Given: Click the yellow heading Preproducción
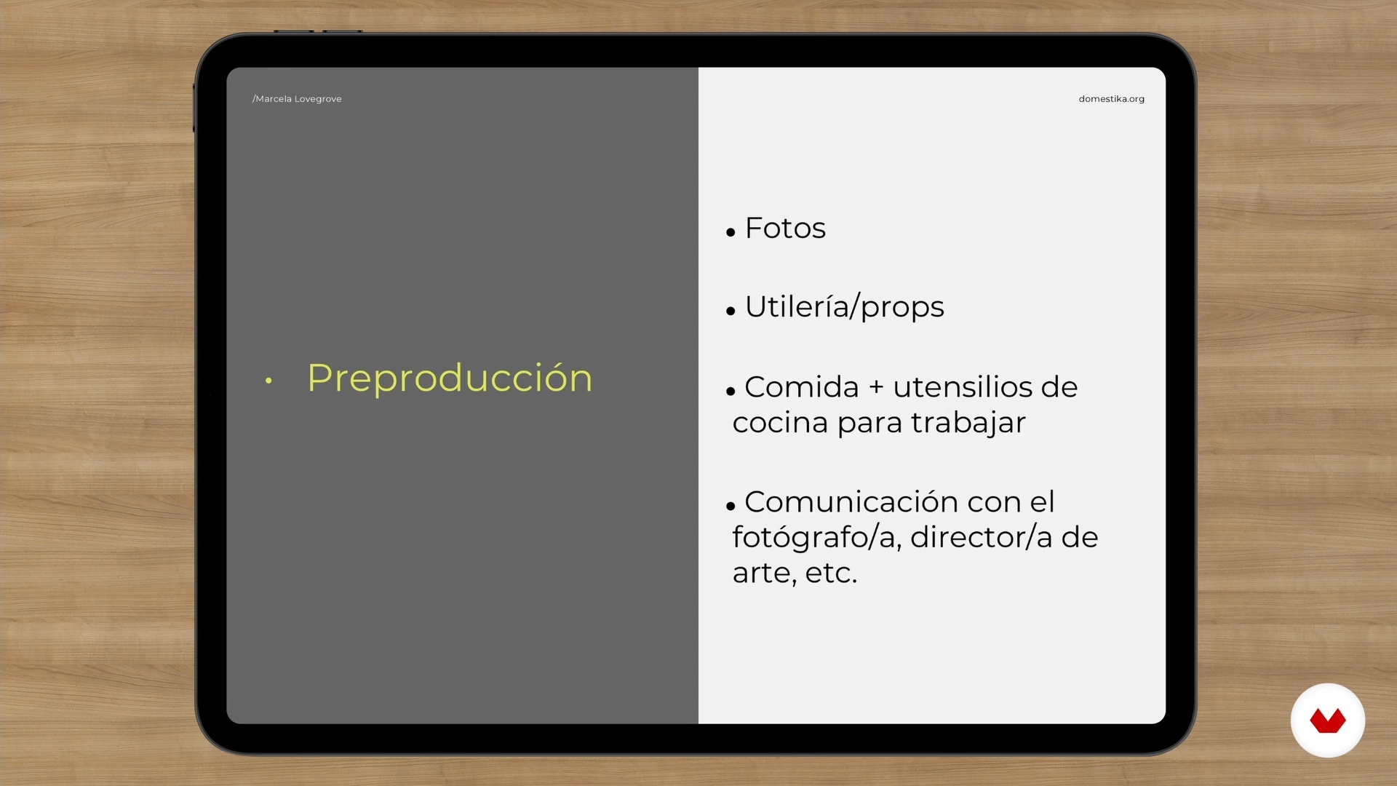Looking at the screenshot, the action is pyautogui.click(x=450, y=378).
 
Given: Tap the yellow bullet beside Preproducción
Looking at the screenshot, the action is pyautogui.click(x=268, y=380).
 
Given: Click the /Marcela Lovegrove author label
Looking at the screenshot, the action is pyautogui.click(x=297, y=99).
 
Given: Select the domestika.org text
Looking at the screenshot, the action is pyautogui.click(x=1111, y=99).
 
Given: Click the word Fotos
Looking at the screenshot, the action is pyautogui.click(x=785, y=229).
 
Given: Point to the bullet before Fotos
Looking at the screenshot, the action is pyautogui.click(x=731, y=233).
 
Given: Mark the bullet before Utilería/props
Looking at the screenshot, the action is pyautogui.click(x=731, y=311).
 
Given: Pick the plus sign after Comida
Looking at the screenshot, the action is pyautogui.click(x=876, y=388).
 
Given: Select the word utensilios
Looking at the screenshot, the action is pyautogui.click(x=962, y=387).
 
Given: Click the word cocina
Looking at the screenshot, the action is pyautogui.click(x=780, y=423).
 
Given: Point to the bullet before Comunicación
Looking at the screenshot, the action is pyautogui.click(x=731, y=506).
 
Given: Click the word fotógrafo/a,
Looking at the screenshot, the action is pyautogui.click(x=817, y=538).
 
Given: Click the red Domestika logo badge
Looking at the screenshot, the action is pyautogui.click(x=1328, y=720).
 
